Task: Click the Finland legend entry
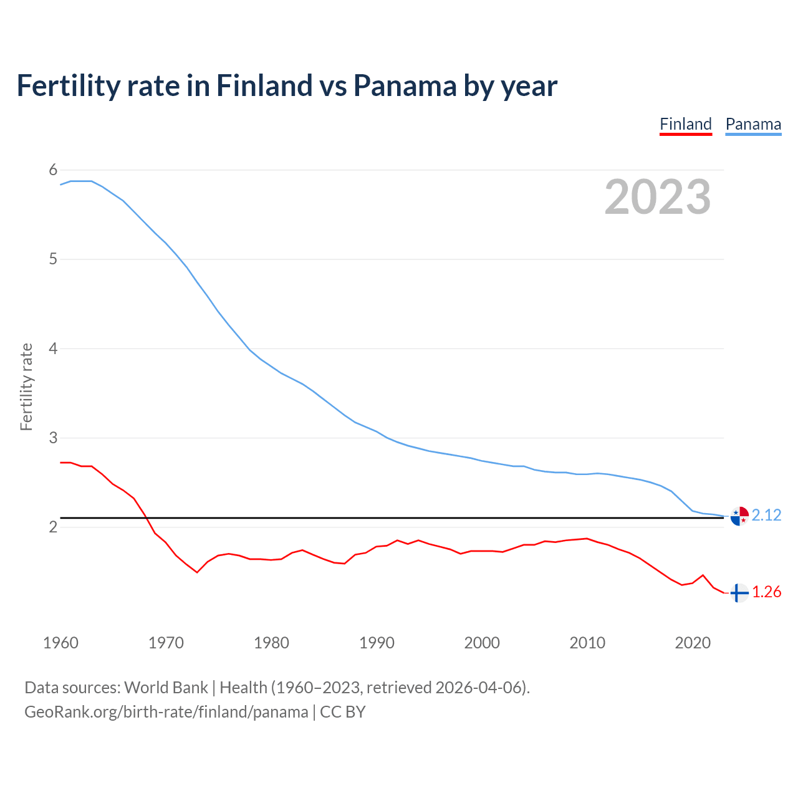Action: pyautogui.click(x=685, y=124)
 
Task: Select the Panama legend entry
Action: pyautogui.click(x=753, y=124)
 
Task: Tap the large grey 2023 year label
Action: pyautogui.click(x=658, y=197)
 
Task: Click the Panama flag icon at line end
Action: pyautogui.click(x=739, y=516)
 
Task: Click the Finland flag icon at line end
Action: pyautogui.click(x=739, y=593)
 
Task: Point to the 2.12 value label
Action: pyautogui.click(x=766, y=515)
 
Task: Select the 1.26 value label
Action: pyautogui.click(x=766, y=592)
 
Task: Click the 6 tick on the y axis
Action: pyautogui.click(x=53, y=170)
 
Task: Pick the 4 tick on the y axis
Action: pyautogui.click(x=53, y=349)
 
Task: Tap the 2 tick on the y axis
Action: pyautogui.click(x=53, y=527)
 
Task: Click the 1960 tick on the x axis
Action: pyautogui.click(x=60, y=643)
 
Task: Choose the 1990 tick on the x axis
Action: pyautogui.click(x=377, y=643)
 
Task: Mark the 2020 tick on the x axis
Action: pyautogui.click(x=693, y=643)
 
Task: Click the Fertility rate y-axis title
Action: pyautogui.click(x=26, y=387)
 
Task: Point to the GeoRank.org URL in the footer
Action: pyautogui.click(x=166, y=712)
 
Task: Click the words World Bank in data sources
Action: pyautogui.click(x=166, y=688)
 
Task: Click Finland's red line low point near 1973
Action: pyautogui.click(x=197, y=572)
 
